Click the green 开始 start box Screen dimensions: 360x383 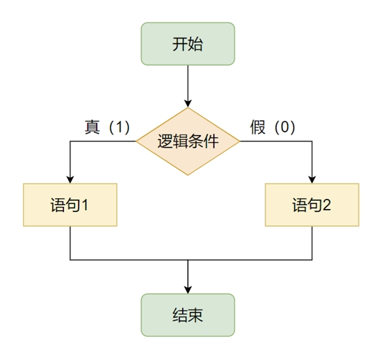click(x=188, y=44)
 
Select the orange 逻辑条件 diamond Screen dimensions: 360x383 click(x=188, y=141)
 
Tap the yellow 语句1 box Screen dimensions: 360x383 click(x=70, y=205)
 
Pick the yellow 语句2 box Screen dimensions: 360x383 click(x=312, y=205)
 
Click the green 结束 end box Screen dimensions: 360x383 click(x=188, y=315)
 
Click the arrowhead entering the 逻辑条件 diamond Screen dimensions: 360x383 click(x=188, y=103)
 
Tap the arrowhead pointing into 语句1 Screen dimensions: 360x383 click(x=70, y=180)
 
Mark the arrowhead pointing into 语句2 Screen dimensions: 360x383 click(x=312, y=180)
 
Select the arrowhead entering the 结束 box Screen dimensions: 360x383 click(x=188, y=289)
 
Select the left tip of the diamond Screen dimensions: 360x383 click(x=137, y=141)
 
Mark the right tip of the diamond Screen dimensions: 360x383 click(x=240, y=141)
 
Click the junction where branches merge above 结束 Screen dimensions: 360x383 click(x=188, y=260)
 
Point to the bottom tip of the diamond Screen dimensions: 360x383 click(x=188, y=175)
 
